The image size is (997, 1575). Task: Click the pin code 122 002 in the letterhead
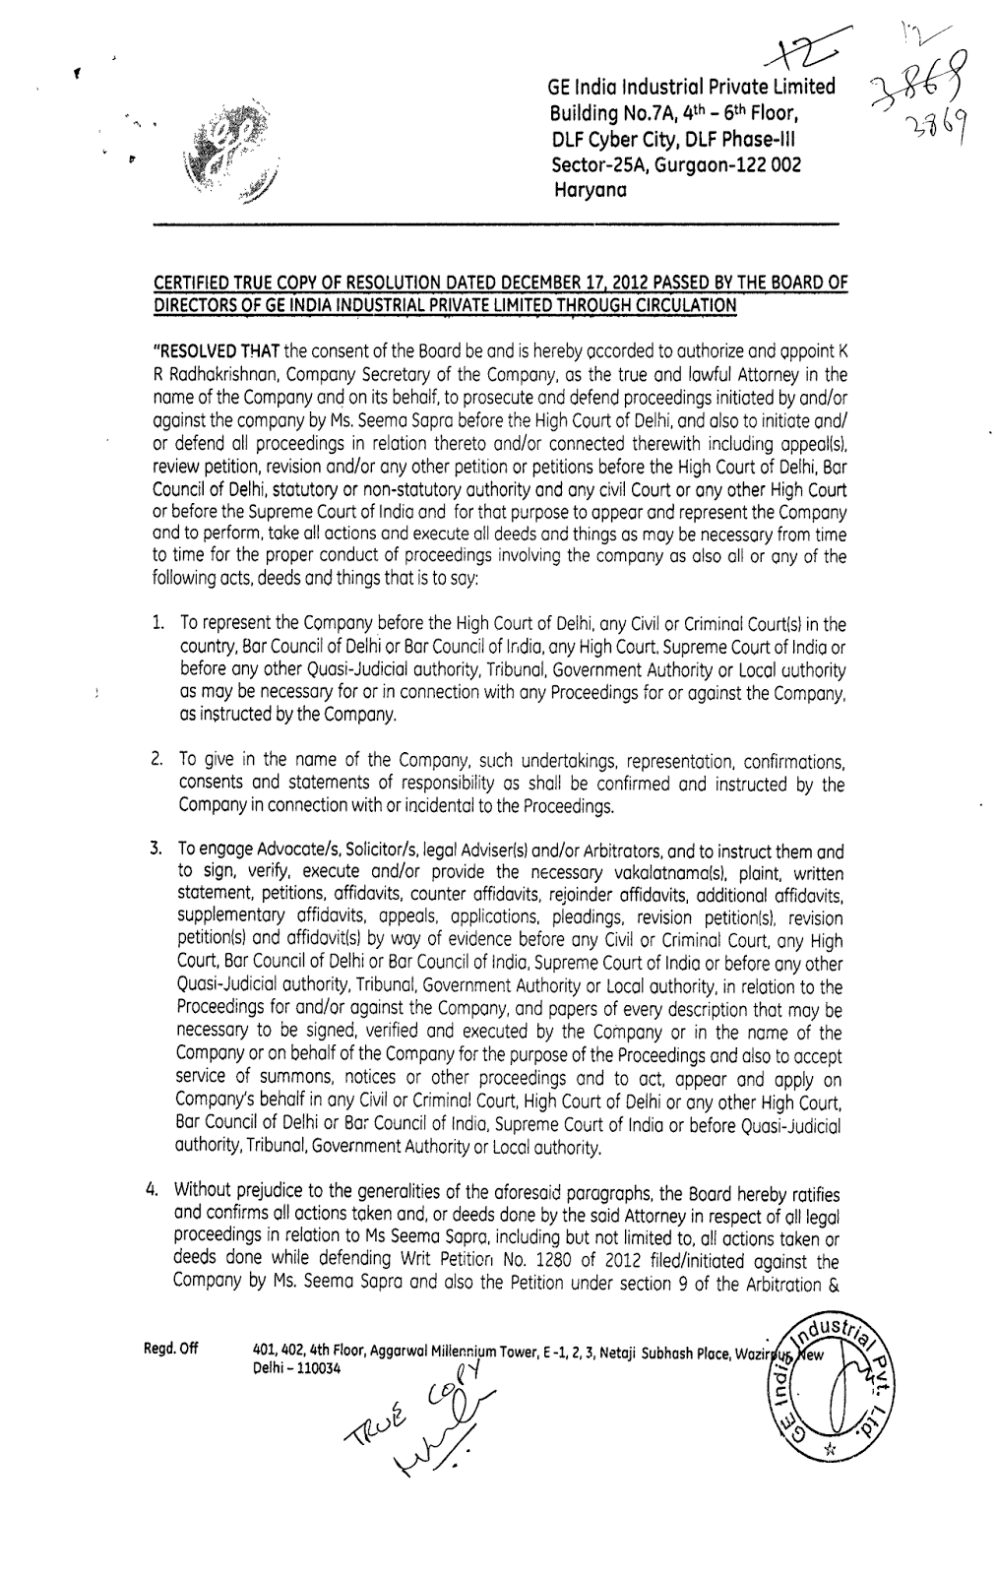tap(765, 164)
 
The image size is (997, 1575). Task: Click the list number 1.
tap(158, 624)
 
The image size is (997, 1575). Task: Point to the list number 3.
tap(158, 850)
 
